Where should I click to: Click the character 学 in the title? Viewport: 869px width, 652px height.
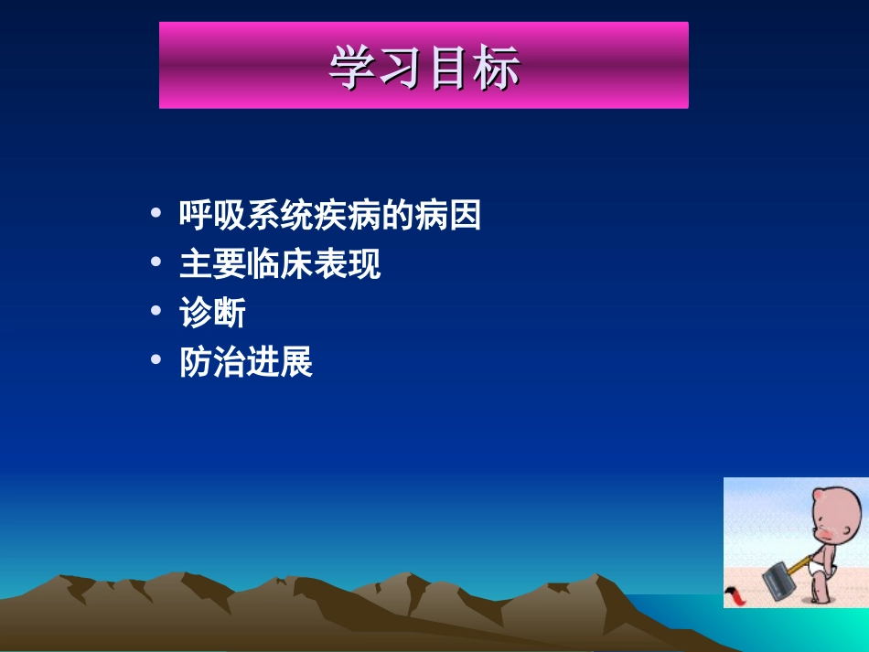[x=352, y=68]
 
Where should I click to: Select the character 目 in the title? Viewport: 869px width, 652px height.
[x=449, y=68]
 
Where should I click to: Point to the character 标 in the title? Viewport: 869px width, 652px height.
[x=498, y=68]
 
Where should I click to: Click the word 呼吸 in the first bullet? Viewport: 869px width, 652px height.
[x=212, y=216]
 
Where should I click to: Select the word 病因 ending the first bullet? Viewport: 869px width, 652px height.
[x=447, y=216]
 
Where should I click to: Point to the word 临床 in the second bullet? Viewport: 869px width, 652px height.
[x=280, y=264]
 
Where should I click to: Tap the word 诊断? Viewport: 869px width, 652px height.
[x=212, y=314]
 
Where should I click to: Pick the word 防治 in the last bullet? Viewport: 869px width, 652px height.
[x=212, y=362]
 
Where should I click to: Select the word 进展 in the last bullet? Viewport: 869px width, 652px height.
[x=280, y=362]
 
